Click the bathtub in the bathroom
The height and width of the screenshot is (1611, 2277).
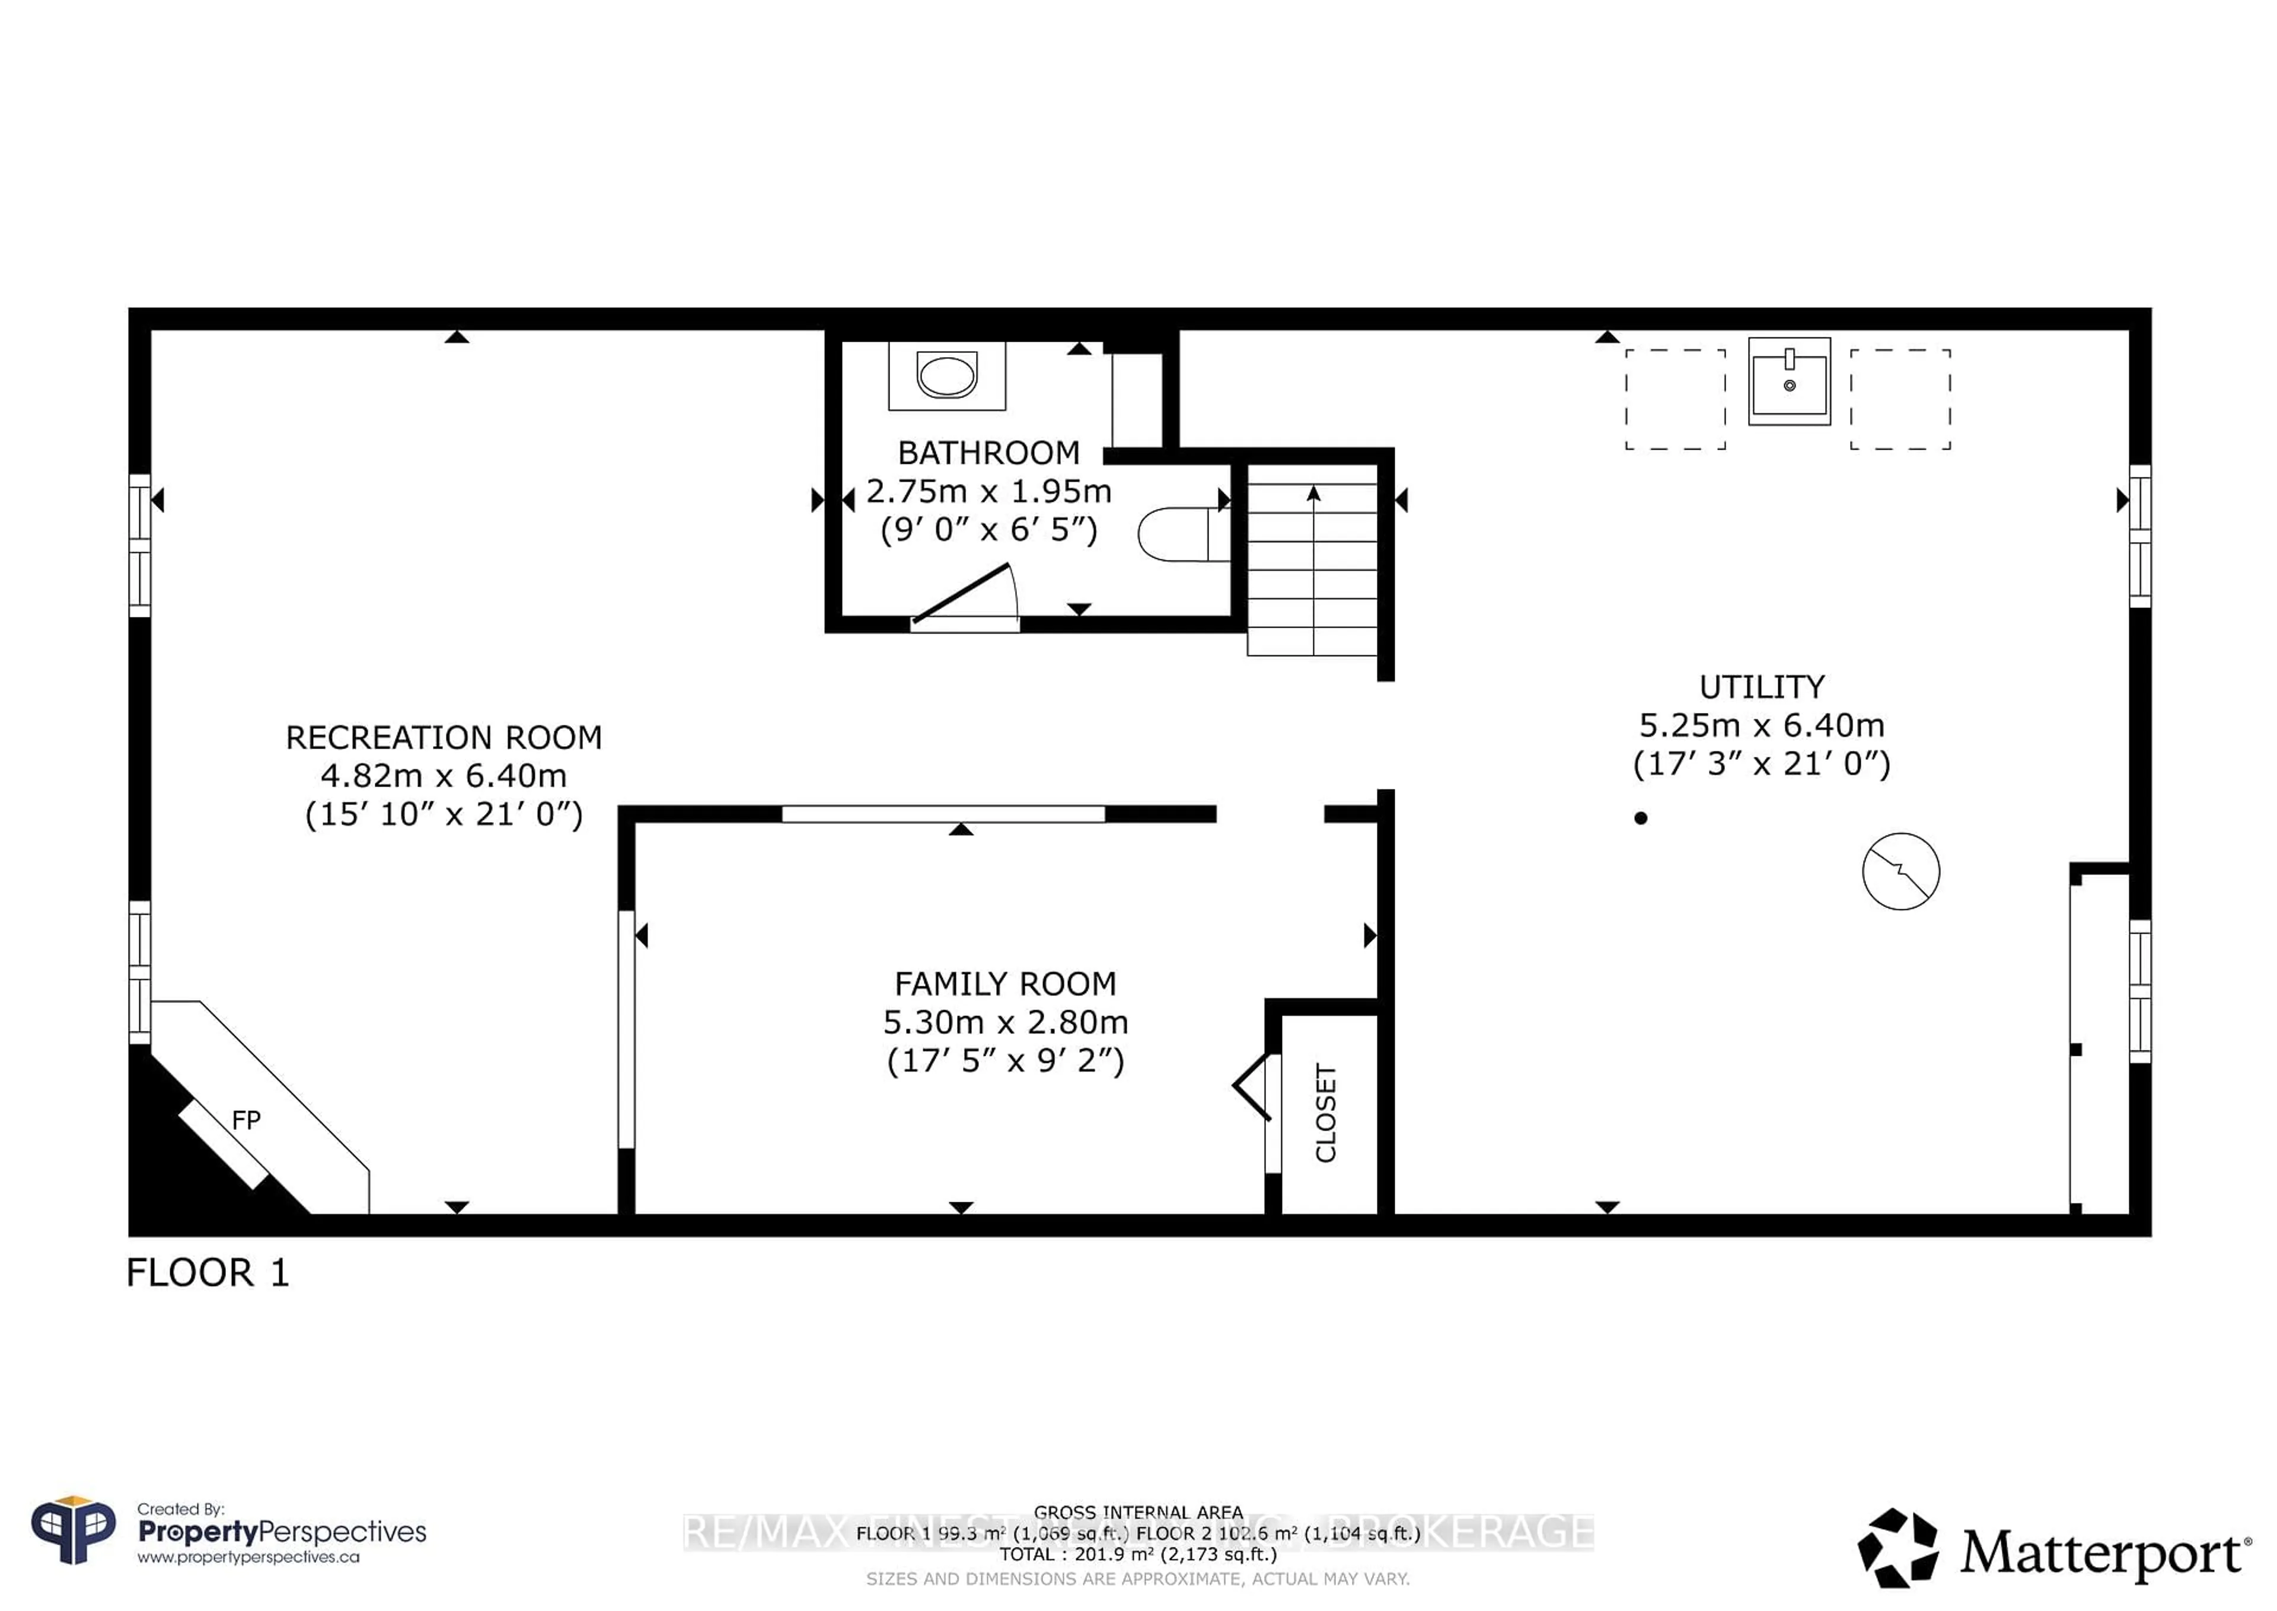tap(946, 376)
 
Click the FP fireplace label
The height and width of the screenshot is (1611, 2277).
tap(246, 1120)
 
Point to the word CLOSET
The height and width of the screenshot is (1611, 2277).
tap(1326, 1112)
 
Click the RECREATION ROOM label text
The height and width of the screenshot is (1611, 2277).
tap(444, 738)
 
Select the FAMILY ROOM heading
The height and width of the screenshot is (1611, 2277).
tap(1004, 984)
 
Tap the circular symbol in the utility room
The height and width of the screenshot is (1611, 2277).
tap(1900, 871)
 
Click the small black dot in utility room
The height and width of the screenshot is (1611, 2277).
tap(1640, 819)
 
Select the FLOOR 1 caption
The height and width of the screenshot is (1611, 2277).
tap(208, 1273)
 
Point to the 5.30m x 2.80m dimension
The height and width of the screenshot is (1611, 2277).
tap(1004, 1023)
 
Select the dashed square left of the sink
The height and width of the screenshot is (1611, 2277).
tap(1675, 399)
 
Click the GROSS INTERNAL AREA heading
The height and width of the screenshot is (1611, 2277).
tap(1137, 1513)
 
